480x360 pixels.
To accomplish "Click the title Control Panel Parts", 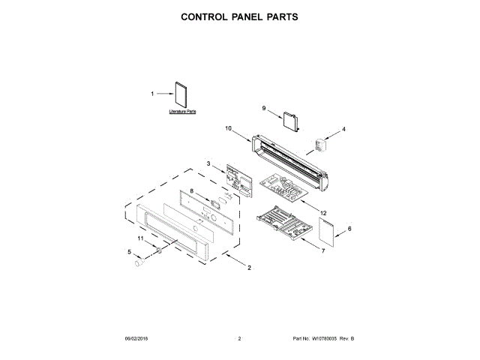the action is click(240, 16).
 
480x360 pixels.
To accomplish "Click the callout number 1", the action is click(152, 94).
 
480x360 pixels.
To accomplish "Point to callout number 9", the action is click(264, 108).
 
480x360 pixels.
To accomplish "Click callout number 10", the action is click(228, 128).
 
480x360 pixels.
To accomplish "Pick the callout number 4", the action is click(343, 129).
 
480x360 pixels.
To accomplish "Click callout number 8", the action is click(191, 192).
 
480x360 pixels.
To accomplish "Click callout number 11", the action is click(139, 238).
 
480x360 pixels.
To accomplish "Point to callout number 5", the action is click(129, 251).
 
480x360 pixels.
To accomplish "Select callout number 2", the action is click(249, 268).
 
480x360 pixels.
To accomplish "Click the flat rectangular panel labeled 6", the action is click(328, 233).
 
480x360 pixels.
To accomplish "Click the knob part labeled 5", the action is click(139, 262).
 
